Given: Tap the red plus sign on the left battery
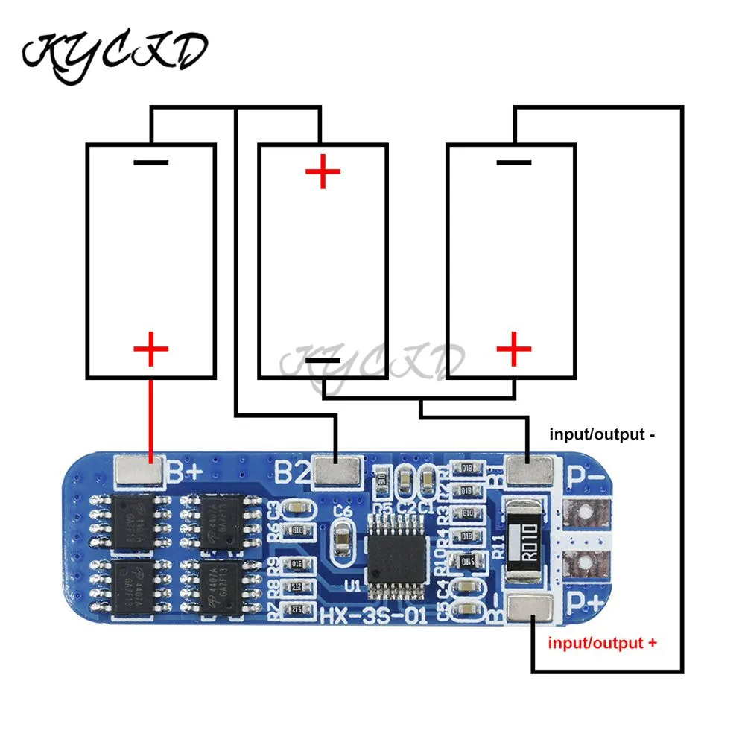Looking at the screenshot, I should coord(150,349).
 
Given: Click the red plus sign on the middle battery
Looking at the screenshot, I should coord(323,173).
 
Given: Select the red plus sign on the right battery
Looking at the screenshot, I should coord(513,348).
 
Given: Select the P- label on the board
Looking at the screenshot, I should coord(586,474).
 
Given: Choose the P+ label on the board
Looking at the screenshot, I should coord(586,602).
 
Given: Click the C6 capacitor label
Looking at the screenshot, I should coord(343,512).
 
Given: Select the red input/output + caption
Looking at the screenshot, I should coord(602,642).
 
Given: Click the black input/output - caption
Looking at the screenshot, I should coord(602,433).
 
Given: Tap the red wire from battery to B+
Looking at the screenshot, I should coord(150,417).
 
